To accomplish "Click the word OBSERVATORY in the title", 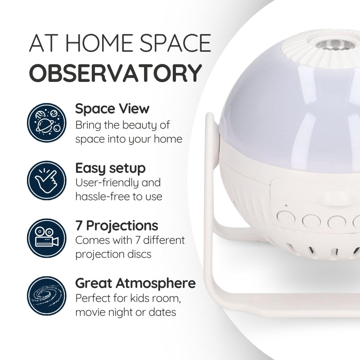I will point(115,72).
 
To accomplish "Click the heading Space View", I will point(112,108).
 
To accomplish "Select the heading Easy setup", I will point(110,168).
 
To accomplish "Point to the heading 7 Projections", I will point(117,225).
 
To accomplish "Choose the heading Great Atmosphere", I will point(135,283).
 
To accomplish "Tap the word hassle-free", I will point(99,197).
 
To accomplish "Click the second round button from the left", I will point(310,221).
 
